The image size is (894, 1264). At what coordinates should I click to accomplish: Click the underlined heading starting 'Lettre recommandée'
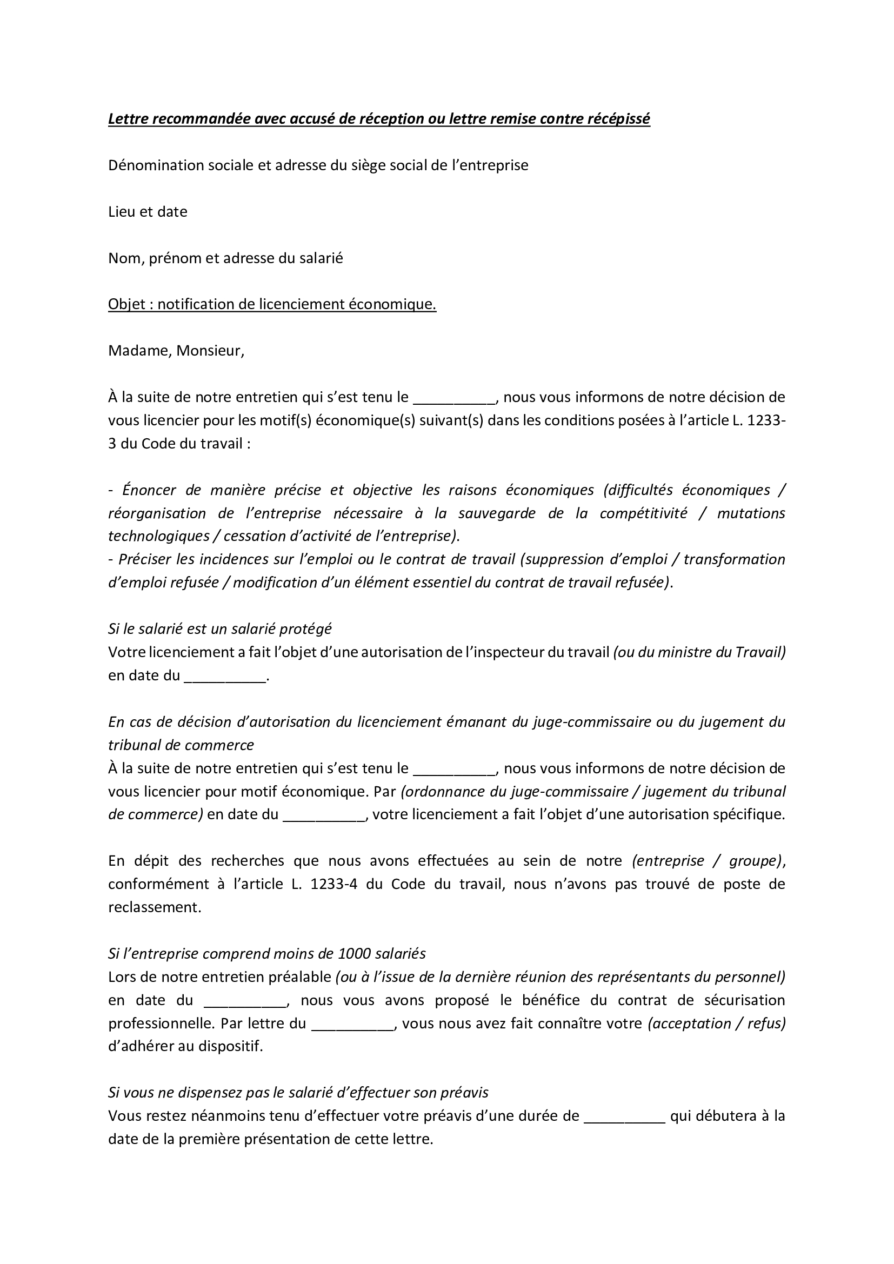pos(379,119)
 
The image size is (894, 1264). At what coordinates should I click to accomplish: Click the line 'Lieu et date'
pos(148,212)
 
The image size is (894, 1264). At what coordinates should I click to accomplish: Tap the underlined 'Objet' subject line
pos(272,304)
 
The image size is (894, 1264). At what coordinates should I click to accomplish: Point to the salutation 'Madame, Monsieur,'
pos(176,351)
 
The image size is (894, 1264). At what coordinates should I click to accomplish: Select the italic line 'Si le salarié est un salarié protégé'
pos(219,628)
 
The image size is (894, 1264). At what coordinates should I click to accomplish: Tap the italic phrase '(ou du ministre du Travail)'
pos(699,652)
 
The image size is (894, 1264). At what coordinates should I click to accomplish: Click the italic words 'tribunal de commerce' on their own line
pos(181,745)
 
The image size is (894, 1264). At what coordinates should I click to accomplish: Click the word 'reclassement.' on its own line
pos(155,907)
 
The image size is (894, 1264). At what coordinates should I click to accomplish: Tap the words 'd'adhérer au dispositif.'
pos(185,1047)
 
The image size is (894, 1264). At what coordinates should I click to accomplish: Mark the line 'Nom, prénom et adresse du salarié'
pos(225,258)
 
